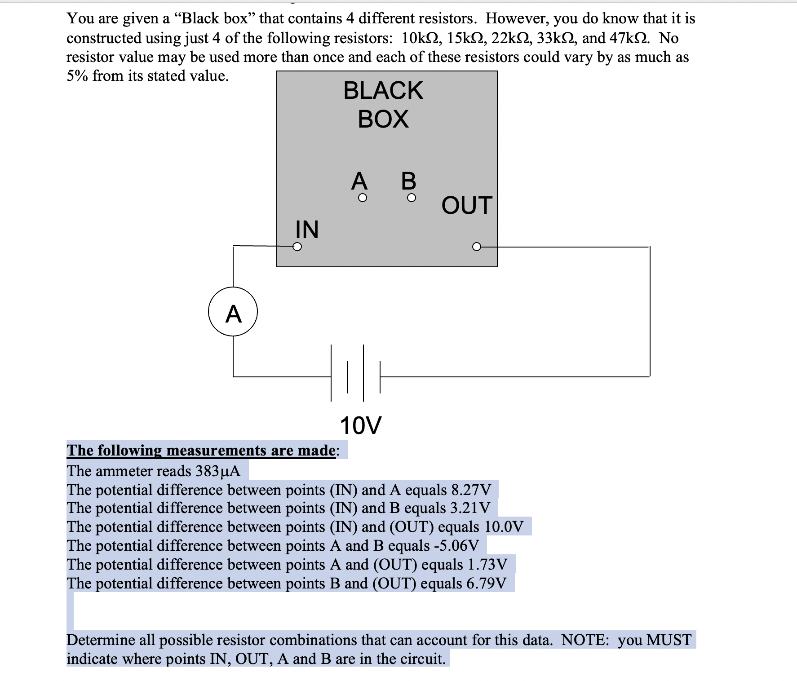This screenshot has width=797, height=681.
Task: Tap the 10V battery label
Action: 360,425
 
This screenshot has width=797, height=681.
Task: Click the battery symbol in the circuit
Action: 355,373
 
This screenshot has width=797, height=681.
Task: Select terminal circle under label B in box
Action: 411,198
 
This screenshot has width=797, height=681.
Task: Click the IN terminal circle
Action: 297,247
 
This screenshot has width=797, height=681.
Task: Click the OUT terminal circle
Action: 476,247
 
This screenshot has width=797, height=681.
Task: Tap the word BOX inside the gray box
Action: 383,119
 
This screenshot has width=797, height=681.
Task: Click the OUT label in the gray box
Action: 467,205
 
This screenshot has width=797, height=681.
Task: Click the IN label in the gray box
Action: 307,229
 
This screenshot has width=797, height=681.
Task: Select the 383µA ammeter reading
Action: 218,471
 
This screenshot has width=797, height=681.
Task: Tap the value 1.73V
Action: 487,565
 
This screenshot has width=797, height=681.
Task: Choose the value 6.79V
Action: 487,584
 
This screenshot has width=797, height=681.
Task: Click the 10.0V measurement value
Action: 504,527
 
